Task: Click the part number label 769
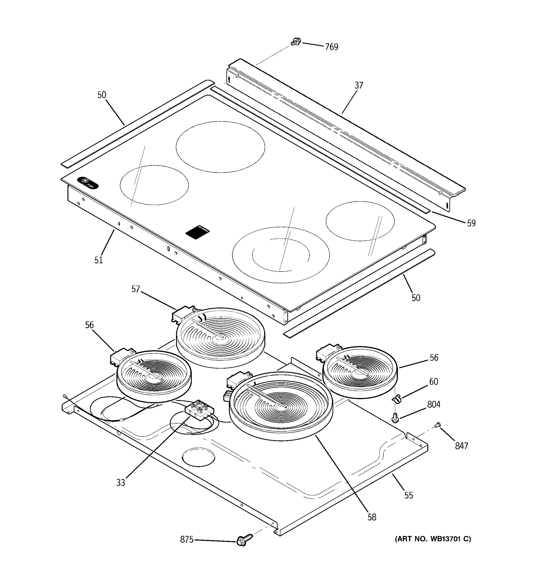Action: coord(331,47)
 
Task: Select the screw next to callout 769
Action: coord(296,42)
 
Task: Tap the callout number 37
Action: coord(358,85)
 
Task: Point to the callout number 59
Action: coord(471,223)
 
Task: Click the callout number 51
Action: coord(99,260)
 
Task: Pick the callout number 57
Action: coord(135,289)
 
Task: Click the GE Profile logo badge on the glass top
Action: coord(88,183)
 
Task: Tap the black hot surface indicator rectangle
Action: coord(198,231)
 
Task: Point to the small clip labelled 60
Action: coord(397,399)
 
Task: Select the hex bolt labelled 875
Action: coord(244,540)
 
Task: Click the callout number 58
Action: coord(372,517)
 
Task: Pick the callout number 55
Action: coord(408,496)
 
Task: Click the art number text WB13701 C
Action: coord(433,539)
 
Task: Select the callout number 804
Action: coord(434,404)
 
